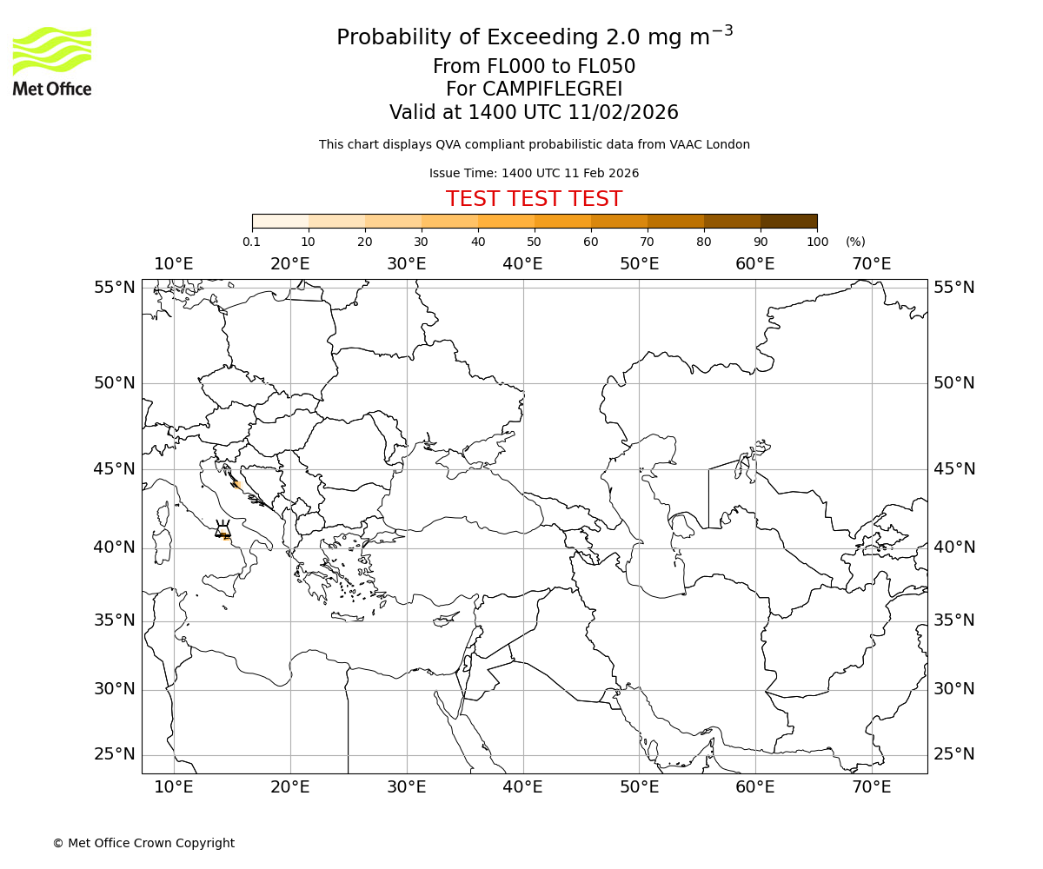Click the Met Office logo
click(x=52, y=61)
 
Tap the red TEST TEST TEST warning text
click(x=534, y=199)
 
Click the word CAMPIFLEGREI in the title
click(x=534, y=90)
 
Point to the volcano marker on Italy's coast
click(x=223, y=530)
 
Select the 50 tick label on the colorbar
click(x=534, y=242)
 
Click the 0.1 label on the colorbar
click(x=252, y=242)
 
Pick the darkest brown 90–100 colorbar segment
click(x=788, y=222)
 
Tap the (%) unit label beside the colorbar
click(x=855, y=242)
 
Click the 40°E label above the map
click(x=522, y=263)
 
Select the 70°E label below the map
click(x=871, y=787)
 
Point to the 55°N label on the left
click(x=115, y=288)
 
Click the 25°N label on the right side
click(x=954, y=754)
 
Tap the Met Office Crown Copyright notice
click(x=143, y=843)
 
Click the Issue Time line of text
click(x=534, y=173)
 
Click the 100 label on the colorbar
click(x=817, y=242)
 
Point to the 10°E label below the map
click(x=174, y=787)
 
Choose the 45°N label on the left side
click(x=115, y=469)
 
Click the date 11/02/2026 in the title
click(x=623, y=112)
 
